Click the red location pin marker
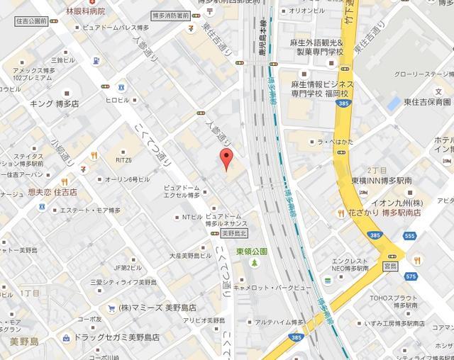click(x=226, y=159)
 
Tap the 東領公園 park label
click(x=252, y=252)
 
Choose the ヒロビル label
click(x=118, y=100)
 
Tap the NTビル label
click(x=192, y=217)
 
